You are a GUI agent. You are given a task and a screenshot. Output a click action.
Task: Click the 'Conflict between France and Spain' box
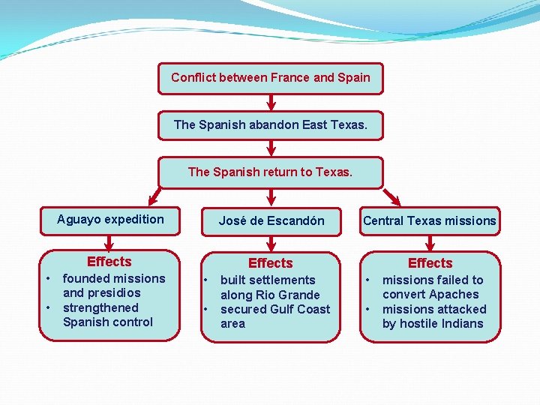(x=270, y=78)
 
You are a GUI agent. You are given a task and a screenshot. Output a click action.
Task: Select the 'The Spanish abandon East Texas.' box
(x=270, y=124)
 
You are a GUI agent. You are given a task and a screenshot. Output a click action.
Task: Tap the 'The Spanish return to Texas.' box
(x=270, y=172)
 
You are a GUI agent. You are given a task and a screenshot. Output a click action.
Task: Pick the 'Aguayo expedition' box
(x=110, y=220)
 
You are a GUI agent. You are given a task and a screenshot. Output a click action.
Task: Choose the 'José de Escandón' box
(x=271, y=220)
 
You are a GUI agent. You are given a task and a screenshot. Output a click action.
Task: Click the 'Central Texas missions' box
(x=430, y=220)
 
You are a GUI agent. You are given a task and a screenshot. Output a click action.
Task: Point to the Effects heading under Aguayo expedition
(x=109, y=262)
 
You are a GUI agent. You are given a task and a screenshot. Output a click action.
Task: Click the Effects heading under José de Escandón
(x=270, y=263)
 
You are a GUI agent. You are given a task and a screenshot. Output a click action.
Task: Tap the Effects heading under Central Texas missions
(x=430, y=263)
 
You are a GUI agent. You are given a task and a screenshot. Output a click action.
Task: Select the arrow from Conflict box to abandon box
(x=271, y=102)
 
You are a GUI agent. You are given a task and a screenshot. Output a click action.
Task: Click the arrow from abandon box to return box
(x=271, y=148)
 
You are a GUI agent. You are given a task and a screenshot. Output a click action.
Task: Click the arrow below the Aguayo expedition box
(x=109, y=242)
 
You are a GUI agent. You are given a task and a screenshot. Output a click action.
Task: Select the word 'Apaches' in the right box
(x=454, y=295)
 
